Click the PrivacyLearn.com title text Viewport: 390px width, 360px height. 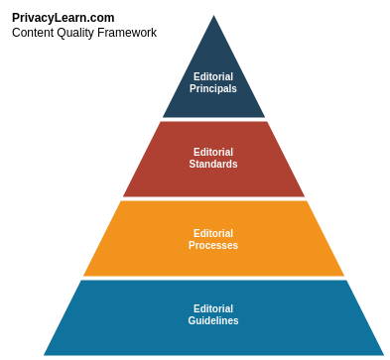coord(63,17)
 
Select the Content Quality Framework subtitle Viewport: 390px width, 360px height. coord(84,33)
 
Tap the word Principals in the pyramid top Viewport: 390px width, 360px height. coord(213,88)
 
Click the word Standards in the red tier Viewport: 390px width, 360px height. coord(213,164)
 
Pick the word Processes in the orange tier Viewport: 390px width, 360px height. coord(213,245)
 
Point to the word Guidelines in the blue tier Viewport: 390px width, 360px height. coord(213,320)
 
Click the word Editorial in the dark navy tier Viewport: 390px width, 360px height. coord(213,76)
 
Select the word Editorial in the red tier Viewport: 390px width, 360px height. coord(213,152)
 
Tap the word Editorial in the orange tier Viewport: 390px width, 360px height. coord(213,233)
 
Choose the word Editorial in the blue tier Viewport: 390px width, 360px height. coord(213,308)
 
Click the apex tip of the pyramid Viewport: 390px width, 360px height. coord(213,9)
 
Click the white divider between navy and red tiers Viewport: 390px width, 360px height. coord(213,120)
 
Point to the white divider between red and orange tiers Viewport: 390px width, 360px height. coord(213,198)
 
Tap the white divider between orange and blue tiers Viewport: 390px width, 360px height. coord(213,278)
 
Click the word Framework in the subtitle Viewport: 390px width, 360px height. coord(128,33)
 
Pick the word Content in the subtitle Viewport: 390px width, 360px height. coord(34,33)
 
